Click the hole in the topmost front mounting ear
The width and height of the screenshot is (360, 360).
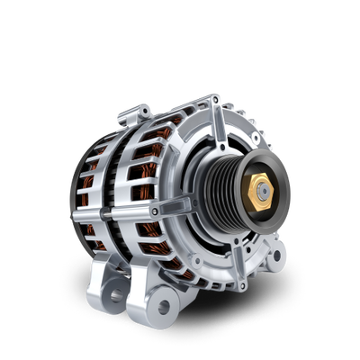[213, 98]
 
